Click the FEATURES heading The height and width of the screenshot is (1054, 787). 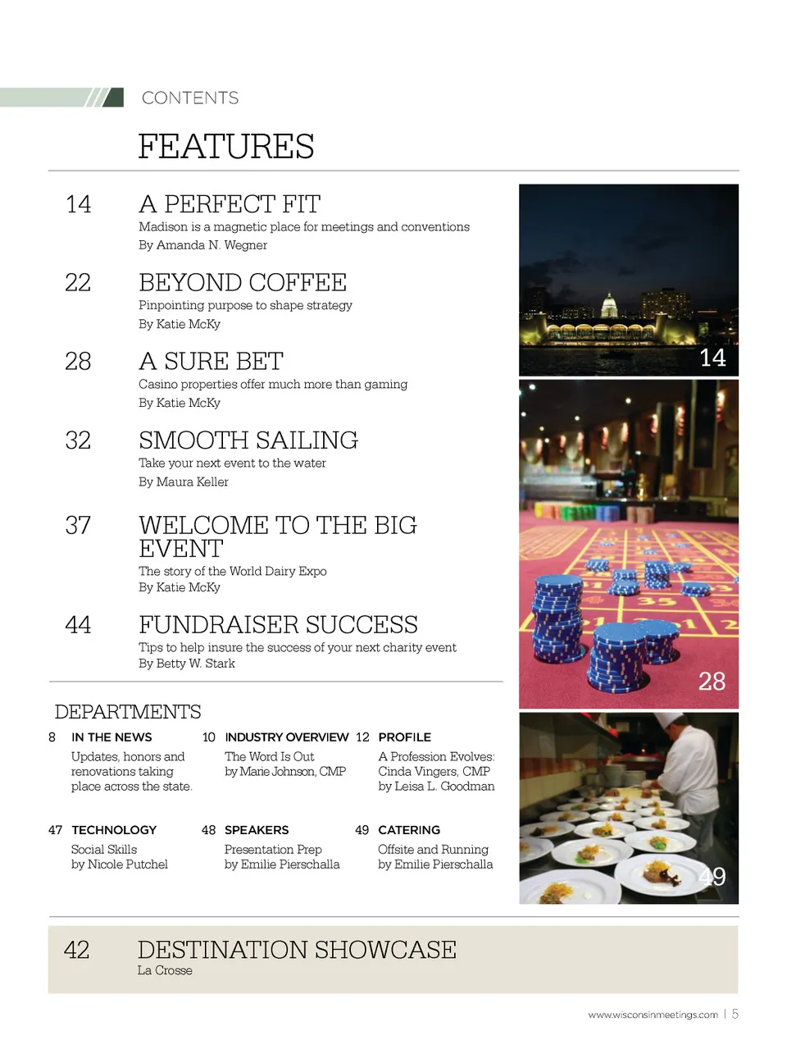point(225,147)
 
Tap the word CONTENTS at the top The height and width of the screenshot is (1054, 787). point(190,98)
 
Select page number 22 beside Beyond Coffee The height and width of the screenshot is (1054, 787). point(78,283)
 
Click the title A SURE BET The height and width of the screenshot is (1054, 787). point(211,362)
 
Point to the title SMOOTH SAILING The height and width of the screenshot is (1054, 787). point(248,440)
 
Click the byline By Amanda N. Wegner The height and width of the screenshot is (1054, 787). point(202,245)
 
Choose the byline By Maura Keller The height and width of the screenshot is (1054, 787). point(184,482)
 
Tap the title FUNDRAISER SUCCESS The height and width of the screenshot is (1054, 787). point(278,625)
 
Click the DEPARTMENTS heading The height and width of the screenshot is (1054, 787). point(128,712)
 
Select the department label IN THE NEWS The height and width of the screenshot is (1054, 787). point(111,737)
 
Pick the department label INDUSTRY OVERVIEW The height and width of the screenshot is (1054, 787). point(287,737)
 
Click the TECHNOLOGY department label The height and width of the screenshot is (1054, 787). point(114,830)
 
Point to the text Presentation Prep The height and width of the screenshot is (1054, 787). point(273,850)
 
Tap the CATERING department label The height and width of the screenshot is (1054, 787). point(409,830)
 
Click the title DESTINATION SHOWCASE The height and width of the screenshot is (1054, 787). point(297,950)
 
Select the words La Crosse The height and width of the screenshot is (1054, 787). point(165,970)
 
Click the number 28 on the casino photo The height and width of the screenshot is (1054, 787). point(712,681)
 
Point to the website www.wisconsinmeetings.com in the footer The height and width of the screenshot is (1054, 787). point(653,1015)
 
